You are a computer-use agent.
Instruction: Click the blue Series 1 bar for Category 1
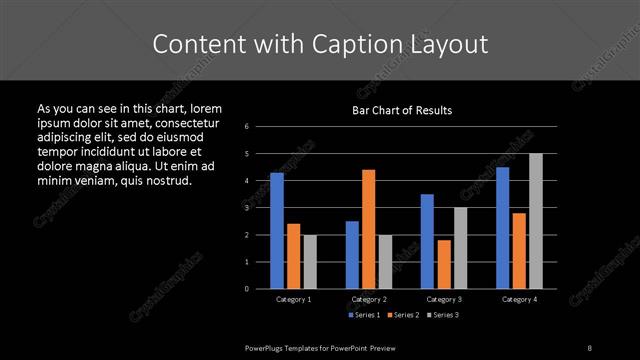pos(277,231)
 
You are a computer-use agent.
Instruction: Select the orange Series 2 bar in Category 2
pos(368,229)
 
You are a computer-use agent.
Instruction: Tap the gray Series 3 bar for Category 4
pos(535,221)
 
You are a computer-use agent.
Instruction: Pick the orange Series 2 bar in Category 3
pos(443,264)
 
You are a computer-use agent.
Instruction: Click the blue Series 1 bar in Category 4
pos(502,228)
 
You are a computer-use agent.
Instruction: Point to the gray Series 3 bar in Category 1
pos(309,262)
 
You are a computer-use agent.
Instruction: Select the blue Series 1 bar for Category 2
pos(352,255)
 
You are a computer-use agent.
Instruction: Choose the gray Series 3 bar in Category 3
pos(460,248)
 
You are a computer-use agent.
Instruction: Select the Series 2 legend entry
pos(405,315)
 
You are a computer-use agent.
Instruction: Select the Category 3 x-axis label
pos(443,299)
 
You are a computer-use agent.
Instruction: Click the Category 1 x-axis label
pos(294,299)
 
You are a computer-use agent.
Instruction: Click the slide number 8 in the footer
pos(590,346)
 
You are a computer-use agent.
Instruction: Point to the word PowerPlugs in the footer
pos(267,346)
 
